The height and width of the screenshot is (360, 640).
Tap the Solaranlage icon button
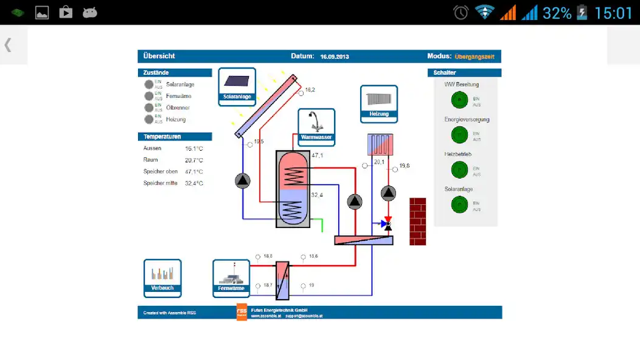tap(237, 86)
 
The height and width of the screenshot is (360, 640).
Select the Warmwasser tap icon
tap(316, 126)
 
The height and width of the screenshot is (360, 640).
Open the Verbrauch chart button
tap(162, 277)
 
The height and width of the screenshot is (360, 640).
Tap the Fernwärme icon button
tap(231, 278)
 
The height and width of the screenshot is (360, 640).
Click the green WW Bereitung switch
tap(459, 100)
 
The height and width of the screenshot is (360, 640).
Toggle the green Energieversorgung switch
tap(459, 135)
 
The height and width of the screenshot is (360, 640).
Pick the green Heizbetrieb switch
tap(459, 170)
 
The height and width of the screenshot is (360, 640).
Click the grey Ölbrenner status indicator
tap(149, 108)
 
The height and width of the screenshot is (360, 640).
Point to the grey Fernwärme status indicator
tap(149, 96)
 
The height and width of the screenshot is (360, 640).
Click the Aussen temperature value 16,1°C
tap(194, 148)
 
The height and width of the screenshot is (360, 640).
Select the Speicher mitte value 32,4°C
tap(194, 183)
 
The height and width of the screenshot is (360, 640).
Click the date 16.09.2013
tap(335, 57)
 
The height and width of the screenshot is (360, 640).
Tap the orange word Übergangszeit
tap(475, 57)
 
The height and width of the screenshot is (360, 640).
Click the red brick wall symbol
tap(417, 221)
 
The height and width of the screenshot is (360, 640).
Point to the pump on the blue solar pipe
tap(242, 181)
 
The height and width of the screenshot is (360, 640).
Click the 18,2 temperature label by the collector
tap(310, 90)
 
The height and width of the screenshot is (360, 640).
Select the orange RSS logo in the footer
tap(242, 311)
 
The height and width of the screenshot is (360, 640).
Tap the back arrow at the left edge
tap(8, 44)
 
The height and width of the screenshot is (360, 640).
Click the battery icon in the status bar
tap(582, 13)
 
